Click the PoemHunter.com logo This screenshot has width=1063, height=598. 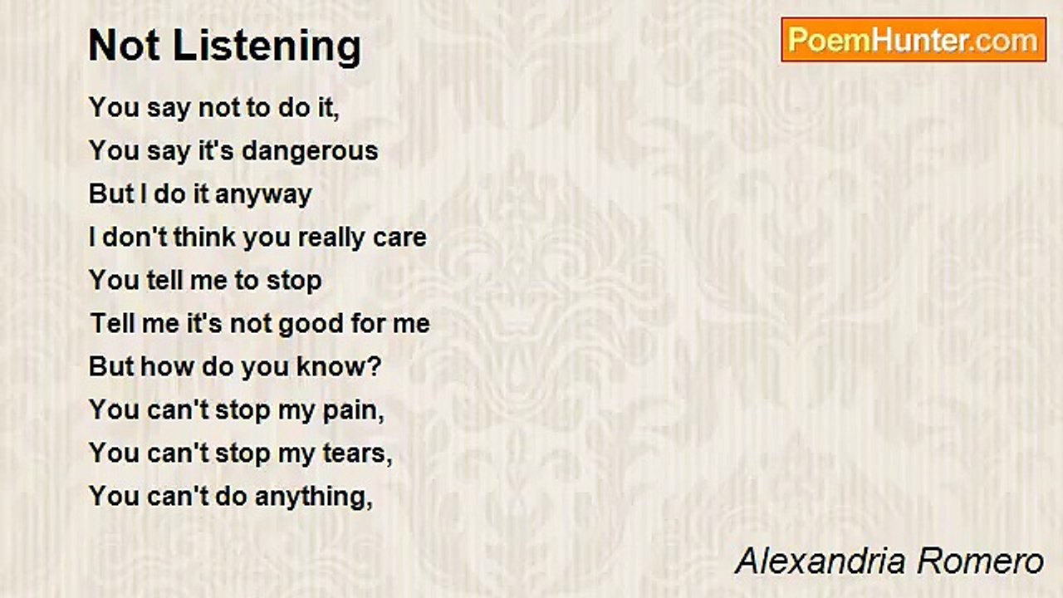914,40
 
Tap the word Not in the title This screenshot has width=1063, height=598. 124,46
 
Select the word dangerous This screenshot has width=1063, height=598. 310,152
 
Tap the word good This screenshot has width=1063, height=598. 311,324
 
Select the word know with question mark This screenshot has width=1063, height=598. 339,366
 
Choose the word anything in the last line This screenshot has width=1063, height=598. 314,498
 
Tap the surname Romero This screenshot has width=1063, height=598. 981,561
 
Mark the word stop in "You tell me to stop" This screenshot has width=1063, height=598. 294,282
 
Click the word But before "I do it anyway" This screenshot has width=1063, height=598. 111,194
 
